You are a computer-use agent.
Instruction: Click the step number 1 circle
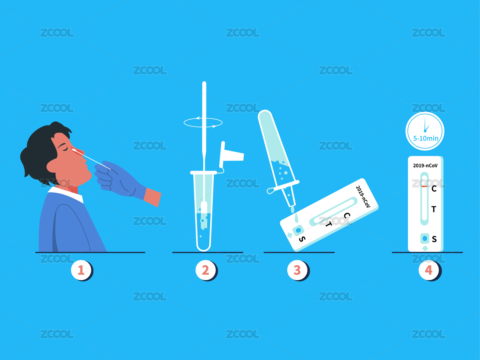click(81, 270)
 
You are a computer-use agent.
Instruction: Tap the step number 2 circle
click(205, 270)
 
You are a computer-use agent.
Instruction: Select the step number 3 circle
click(297, 270)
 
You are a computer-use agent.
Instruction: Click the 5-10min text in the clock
click(426, 138)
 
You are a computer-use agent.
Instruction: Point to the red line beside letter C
click(424, 186)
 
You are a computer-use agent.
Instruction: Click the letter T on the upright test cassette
click(434, 209)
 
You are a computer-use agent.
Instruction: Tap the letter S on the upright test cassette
click(434, 239)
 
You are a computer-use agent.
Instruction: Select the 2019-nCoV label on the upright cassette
click(425, 165)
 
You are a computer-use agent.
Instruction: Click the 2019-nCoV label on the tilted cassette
click(363, 196)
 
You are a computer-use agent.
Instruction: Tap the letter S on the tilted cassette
click(302, 239)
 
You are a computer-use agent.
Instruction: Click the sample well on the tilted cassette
click(298, 230)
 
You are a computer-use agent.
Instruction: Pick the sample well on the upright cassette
click(425, 238)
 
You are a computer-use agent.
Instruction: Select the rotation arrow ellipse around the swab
click(203, 127)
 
